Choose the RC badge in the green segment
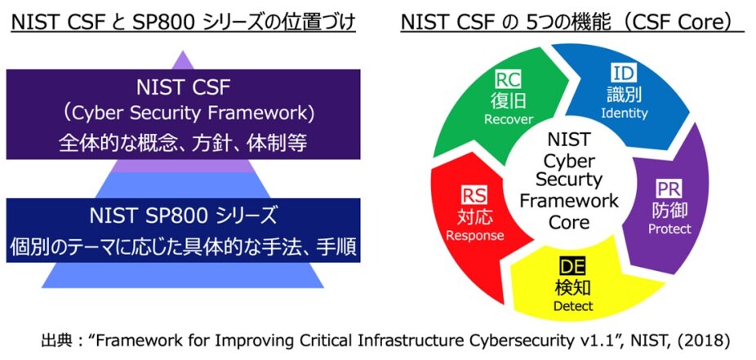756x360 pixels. (508, 80)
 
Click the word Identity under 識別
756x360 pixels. (624, 113)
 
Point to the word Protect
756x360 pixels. (669, 229)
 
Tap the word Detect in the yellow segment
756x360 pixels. (573, 307)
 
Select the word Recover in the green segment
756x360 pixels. (508, 119)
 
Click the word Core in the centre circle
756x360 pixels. (569, 220)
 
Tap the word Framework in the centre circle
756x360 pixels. (569, 200)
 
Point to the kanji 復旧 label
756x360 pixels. (508, 100)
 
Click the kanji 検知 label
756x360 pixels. (573, 287)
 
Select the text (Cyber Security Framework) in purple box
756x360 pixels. (183, 112)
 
